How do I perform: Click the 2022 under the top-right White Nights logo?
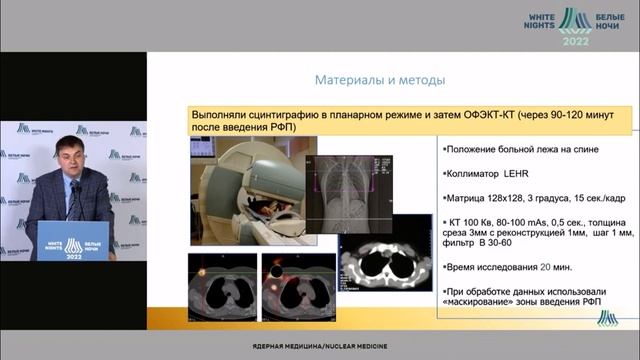(575, 41)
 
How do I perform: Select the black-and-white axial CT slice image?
(387, 262)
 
